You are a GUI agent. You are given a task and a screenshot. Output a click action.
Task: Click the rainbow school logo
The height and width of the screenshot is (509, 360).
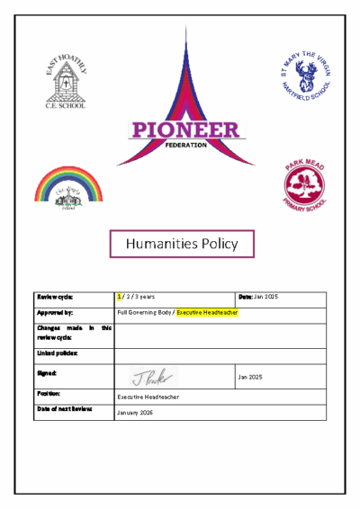pyautogui.click(x=67, y=185)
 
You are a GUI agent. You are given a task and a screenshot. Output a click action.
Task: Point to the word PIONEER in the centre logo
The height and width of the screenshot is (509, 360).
pyautogui.click(x=185, y=129)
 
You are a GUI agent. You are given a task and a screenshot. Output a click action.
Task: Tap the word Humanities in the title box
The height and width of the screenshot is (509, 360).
pyautogui.click(x=163, y=243)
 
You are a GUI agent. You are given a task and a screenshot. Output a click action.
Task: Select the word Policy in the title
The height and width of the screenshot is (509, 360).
pyautogui.click(x=220, y=243)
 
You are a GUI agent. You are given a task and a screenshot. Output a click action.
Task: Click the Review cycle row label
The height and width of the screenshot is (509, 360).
pyautogui.click(x=55, y=297)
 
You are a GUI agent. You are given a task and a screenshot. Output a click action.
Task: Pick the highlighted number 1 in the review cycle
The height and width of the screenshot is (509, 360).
pyautogui.click(x=120, y=297)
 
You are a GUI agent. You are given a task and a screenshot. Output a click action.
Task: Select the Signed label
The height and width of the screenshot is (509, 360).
pyautogui.click(x=48, y=372)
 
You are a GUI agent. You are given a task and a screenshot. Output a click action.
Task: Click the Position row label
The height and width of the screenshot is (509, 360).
pyautogui.click(x=49, y=393)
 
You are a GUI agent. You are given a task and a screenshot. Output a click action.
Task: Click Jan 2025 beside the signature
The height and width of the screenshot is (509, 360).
pyautogui.click(x=249, y=378)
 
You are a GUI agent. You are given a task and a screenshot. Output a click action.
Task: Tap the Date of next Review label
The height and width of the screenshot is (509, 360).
pyautogui.click(x=65, y=409)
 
